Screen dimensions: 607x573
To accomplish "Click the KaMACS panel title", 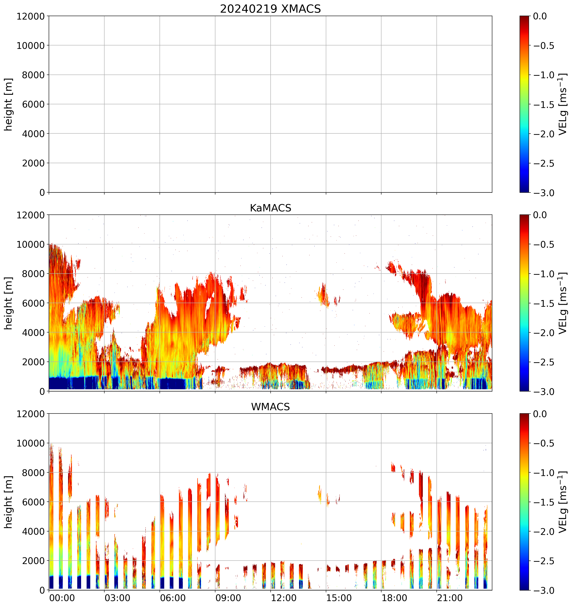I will [x=270, y=208].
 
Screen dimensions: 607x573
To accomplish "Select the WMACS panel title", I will [x=270, y=407].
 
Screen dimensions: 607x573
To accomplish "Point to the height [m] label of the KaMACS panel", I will [x=9, y=303].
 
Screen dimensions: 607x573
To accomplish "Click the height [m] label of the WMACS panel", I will [x=9, y=502].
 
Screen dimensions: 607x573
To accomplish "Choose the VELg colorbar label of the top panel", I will [x=563, y=104].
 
